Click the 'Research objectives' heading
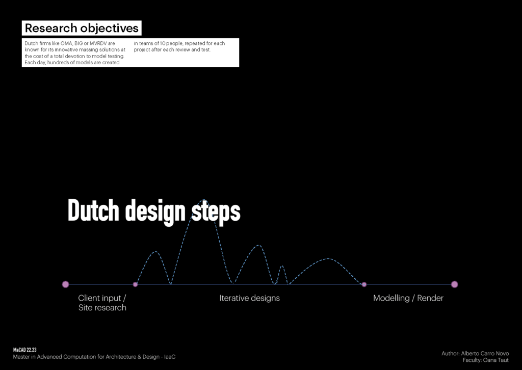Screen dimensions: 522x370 [82, 28]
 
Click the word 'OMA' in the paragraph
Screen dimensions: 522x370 [66, 43]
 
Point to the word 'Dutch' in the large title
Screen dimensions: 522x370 [94, 210]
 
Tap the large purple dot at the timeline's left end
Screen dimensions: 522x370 [66, 284]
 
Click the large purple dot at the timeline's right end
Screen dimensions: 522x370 [454, 284]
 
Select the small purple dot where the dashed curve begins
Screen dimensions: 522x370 [135, 284]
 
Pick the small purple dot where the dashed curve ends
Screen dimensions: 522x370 [364, 284]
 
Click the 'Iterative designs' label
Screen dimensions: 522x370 [249, 298]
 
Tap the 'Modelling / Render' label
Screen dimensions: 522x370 [408, 298]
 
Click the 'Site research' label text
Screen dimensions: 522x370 [102, 307]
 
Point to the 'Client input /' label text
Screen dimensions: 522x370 [102, 298]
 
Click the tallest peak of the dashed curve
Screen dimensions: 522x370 [204, 200]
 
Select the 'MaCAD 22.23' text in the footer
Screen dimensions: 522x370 [24, 350]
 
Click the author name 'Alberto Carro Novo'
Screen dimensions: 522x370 [485, 353]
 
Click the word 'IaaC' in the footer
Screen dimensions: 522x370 [170, 357]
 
